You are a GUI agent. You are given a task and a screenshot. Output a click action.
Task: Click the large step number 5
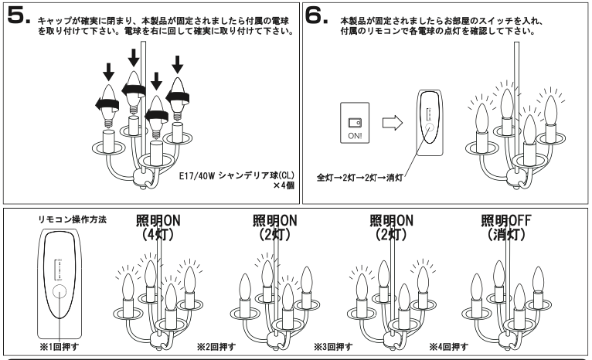[x=16, y=14]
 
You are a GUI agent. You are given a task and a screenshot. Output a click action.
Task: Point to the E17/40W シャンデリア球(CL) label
[x=236, y=175]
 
